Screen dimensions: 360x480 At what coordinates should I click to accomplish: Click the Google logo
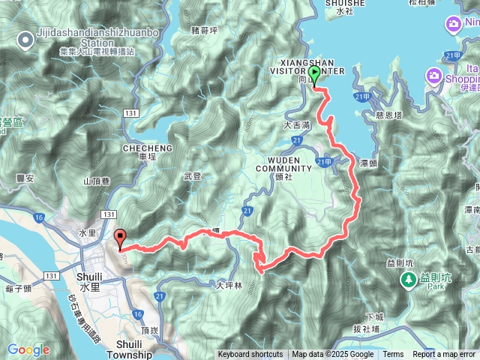tap(28, 349)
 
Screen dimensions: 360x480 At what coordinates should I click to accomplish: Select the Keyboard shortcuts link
tap(250, 355)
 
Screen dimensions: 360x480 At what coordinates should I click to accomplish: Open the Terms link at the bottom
tap(393, 355)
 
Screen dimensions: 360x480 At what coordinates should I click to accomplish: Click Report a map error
tap(445, 355)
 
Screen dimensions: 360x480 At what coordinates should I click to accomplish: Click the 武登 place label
tap(193, 176)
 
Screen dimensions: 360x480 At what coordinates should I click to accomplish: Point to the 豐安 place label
tap(25, 178)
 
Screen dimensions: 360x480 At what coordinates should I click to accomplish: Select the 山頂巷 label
tap(97, 181)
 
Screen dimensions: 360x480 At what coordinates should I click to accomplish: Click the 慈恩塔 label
tap(387, 115)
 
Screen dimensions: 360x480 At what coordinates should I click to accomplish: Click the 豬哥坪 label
tap(205, 31)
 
